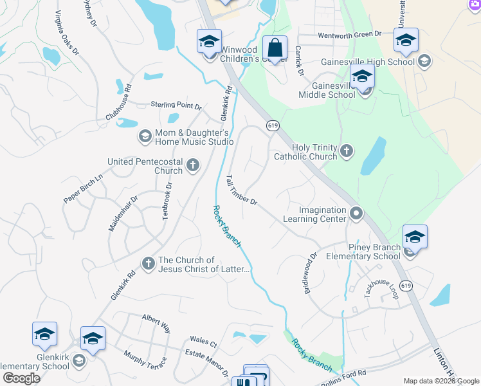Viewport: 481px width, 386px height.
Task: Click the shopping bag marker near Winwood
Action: click(275, 48)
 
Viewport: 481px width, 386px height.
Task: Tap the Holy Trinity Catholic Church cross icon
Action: click(347, 151)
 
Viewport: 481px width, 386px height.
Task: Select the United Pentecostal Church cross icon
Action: click(192, 166)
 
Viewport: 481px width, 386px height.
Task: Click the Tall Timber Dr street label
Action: click(242, 190)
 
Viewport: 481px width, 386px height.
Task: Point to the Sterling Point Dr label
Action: click(176, 105)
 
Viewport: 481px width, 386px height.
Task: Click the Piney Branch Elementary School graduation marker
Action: click(415, 237)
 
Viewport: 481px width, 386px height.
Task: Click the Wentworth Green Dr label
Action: click(349, 33)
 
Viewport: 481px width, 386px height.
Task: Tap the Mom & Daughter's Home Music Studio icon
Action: click(145, 136)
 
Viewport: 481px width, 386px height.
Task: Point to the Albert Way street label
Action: click(156, 323)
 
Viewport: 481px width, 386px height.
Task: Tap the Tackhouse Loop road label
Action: click(382, 284)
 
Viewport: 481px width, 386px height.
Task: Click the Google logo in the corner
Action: click(21, 378)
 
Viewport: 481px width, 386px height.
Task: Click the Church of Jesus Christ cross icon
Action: click(149, 262)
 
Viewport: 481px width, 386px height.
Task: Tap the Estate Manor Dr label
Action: click(207, 364)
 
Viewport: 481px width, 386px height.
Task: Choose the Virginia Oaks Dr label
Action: click(66, 32)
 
